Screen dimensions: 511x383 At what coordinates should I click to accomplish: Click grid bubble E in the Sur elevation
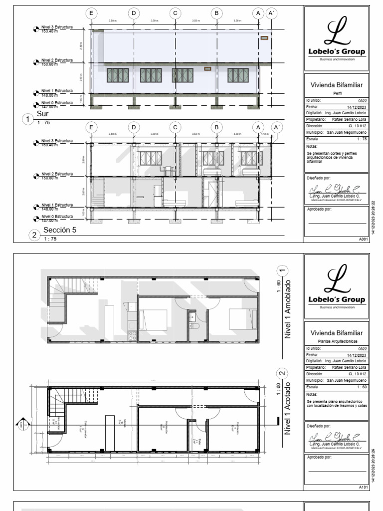click(92, 13)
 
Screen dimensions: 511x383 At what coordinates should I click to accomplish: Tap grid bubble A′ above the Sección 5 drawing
click(272, 127)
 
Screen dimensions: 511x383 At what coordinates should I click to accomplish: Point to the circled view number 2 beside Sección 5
click(34, 235)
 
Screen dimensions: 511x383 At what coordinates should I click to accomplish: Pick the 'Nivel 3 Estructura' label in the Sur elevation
click(57, 28)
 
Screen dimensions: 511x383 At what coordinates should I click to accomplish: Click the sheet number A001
click(363, 240)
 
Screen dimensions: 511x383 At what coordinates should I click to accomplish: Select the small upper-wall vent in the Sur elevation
click(263, 37)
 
